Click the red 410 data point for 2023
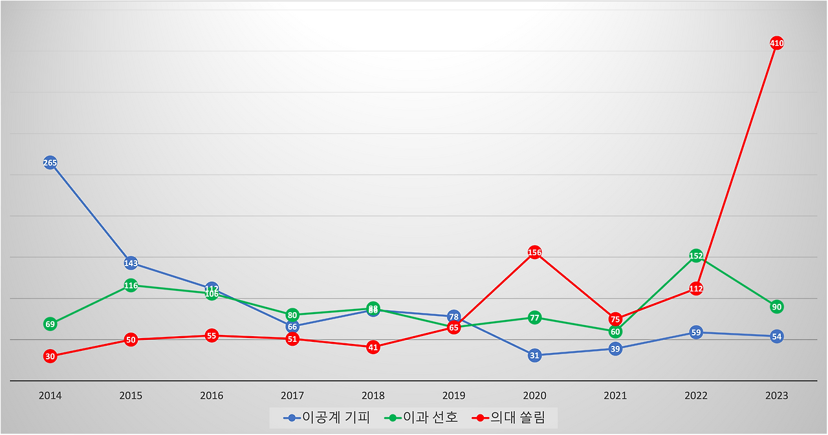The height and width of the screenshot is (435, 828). (x=777, y=43)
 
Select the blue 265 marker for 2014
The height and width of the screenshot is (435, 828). (x=50, y=163)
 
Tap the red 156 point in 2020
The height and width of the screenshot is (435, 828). (x=534, y=253)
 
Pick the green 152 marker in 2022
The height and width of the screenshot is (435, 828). (x=696, y=256)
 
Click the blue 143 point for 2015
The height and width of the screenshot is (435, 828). (x=131, y=263)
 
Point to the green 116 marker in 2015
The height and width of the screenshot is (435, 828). (x=131, y=286)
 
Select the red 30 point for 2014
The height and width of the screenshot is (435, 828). (x=50, y=356)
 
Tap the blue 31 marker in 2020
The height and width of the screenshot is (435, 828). (x=534, y=355)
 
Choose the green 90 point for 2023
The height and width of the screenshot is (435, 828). (x=777, y=306)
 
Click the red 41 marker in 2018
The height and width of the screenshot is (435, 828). (x=373, y=347)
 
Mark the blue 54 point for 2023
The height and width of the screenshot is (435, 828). (x=777, y=337)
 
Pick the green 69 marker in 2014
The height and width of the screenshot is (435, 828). (x=50, y=324)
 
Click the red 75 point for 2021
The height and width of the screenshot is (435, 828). (x=615, y=319)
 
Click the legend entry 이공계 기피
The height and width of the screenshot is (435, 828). (x=327, y=418)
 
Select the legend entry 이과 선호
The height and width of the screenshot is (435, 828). (x=421, y=418)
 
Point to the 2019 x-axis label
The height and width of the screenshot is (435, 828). (x=453, y=396)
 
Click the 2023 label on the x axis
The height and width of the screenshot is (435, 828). (x=777, y=396)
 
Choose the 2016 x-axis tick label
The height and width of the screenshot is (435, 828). (x=212, y=396)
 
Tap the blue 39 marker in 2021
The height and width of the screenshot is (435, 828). (x=615, y=349)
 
